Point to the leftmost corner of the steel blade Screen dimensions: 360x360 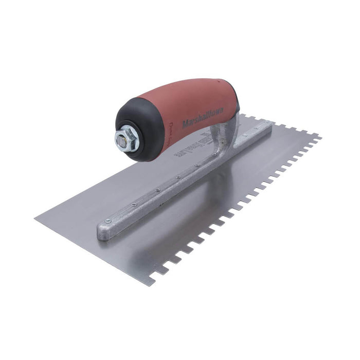pyautogui.click(x=35, y=219)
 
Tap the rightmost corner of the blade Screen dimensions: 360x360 pyautogui.click(x=321, y=137)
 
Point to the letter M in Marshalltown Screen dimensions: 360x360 pyautogui.click(x=185, y=124)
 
